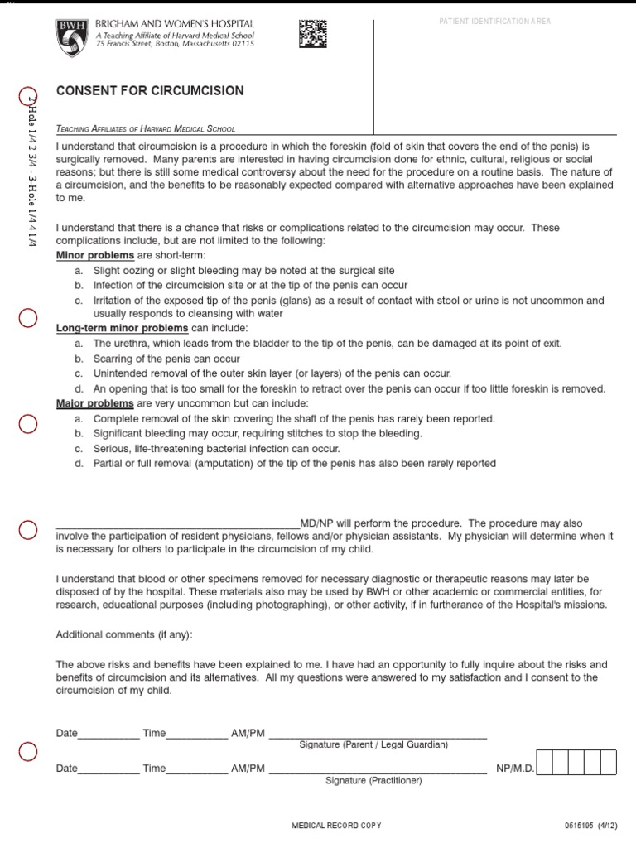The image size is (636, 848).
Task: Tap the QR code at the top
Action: (x=312, y=34)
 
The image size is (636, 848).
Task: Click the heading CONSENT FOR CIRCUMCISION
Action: (x=149, y=91)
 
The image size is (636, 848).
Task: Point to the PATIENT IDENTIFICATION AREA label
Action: (x=494, y=21)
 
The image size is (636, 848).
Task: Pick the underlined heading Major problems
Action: (x=94, y=403)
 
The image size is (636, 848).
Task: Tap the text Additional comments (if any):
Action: (x=124, y=634)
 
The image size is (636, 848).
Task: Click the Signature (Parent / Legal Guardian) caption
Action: (x=373, y=745)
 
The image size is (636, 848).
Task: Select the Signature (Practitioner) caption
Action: (x=373, y=781)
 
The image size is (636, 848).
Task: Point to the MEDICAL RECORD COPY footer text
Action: (x=337, y=826)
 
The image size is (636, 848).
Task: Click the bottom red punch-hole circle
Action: (x=27, y=752)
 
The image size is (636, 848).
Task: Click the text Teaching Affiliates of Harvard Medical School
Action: (x=146, y=129)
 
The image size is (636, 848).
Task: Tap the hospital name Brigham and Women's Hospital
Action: (x=175, y=25)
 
